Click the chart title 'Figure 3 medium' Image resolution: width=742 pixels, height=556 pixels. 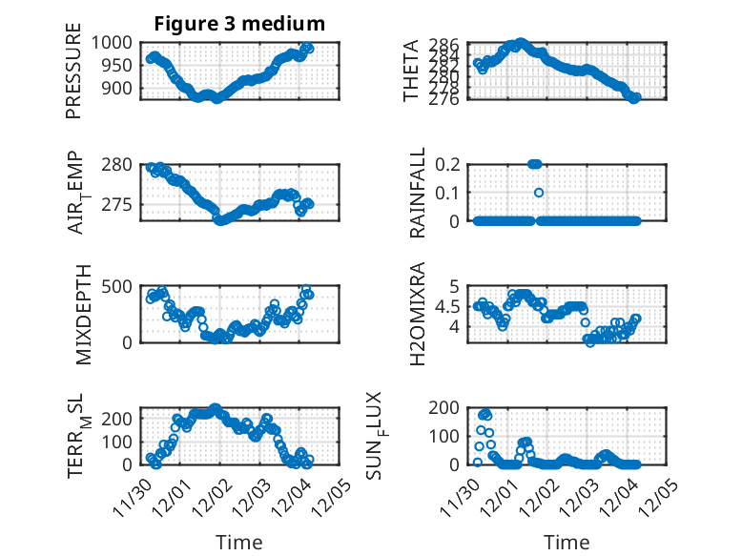point(239,23)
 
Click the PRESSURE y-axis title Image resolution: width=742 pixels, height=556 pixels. point(73,76)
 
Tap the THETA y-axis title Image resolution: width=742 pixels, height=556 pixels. point(411,71)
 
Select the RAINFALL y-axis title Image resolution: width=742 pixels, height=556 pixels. point(418,193)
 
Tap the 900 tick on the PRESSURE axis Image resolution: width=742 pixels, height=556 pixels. point(119,89)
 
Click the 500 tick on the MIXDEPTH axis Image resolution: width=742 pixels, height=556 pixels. point(119,286)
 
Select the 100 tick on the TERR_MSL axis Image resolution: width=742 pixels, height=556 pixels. point(119,442)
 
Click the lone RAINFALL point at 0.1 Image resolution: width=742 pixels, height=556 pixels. point(539,193)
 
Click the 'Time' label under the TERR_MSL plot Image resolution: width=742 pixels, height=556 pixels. point(239,542)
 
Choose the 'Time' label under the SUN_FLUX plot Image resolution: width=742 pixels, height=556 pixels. point(567,542)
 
